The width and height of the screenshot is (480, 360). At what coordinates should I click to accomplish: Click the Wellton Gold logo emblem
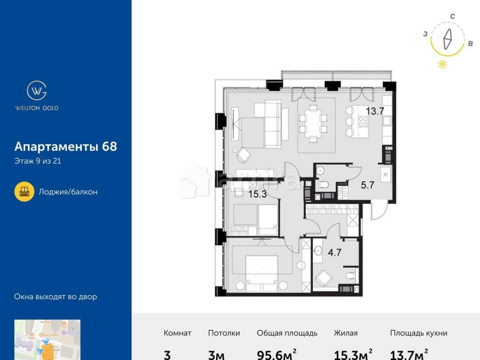coord(36,90)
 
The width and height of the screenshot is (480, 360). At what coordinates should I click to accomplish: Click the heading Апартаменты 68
coord(65,146)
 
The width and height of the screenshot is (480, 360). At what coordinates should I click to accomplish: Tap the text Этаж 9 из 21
coord(37,161)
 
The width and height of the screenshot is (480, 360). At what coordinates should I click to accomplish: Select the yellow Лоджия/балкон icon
coord(24,192)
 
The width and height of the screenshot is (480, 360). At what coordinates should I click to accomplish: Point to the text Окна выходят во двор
coord(55,297)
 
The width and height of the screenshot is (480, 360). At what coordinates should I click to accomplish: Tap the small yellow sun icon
coord(442,65)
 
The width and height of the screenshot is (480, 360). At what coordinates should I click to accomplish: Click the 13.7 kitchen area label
coord(375,112)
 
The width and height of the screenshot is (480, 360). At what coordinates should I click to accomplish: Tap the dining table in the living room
coord(313,122)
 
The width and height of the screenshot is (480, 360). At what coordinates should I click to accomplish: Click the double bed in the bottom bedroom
coord(262,270)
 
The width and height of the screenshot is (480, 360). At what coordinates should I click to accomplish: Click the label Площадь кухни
coord(419,333)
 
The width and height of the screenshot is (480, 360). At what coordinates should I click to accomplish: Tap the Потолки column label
coord(224,333)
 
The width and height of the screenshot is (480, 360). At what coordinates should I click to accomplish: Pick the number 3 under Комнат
coord(167,354)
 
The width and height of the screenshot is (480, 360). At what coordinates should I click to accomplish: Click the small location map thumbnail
coord(47,340)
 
